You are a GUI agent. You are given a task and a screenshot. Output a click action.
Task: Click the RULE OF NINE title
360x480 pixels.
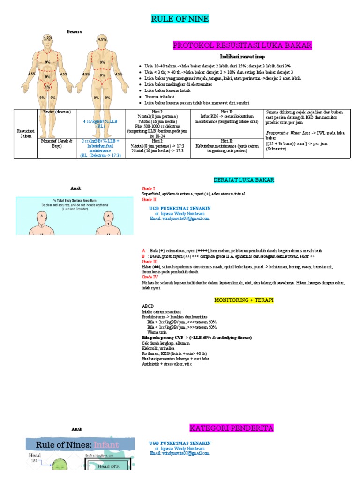point(180,19)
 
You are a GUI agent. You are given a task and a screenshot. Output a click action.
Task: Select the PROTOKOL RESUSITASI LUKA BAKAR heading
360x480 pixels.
point(242,45)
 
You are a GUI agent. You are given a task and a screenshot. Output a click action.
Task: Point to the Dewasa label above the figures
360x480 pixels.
point(74,32)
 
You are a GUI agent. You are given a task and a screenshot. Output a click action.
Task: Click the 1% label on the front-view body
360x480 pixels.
point(47,87)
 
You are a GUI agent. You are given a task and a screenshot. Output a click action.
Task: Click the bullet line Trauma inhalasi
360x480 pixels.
point(159,96)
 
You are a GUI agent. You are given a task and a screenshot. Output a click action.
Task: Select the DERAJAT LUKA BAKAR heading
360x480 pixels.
point(244,180)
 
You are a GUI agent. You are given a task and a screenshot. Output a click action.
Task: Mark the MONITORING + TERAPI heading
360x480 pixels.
point(244,300)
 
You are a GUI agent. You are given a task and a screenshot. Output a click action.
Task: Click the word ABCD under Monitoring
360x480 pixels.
point(148,306)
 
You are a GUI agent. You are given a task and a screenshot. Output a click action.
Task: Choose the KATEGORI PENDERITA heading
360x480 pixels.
point(231,428)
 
